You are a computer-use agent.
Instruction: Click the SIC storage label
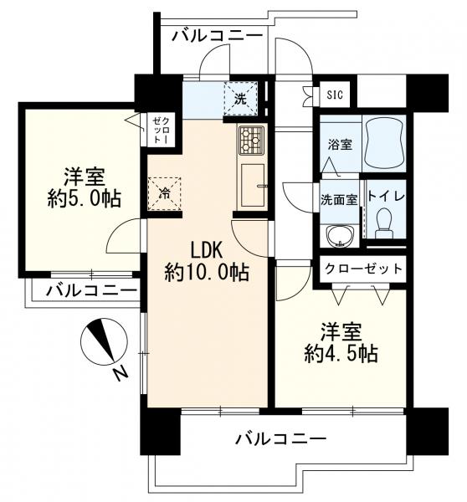tap(335, 95)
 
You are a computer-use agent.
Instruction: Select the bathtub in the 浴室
tap(383, 142)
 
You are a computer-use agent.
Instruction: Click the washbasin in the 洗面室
tap(339, 236)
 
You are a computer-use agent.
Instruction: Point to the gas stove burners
tap(251, 139)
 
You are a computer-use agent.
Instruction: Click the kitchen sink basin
tap(253, 185)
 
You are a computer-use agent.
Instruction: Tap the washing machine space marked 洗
tap(240, 98)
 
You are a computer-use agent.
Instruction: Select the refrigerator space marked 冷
tap(164, 194)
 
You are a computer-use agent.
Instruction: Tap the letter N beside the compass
tap(121, 373)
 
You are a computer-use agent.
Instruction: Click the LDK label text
tap(207, 250)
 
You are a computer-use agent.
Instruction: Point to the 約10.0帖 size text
tap(207, 273)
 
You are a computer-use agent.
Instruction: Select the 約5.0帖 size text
tap(85, 199)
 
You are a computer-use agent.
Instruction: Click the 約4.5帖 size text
tap(341, 353)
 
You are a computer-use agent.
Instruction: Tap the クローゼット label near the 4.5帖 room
tap(363, 269)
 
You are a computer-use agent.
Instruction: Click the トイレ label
tap(387, 196)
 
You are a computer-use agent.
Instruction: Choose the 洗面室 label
tap(339, 200)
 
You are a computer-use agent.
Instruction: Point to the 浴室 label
tap(340, 145)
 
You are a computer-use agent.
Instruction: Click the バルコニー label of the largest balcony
tap(281, 438)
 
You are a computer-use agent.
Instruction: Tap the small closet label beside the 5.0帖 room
tap(160, 130)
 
